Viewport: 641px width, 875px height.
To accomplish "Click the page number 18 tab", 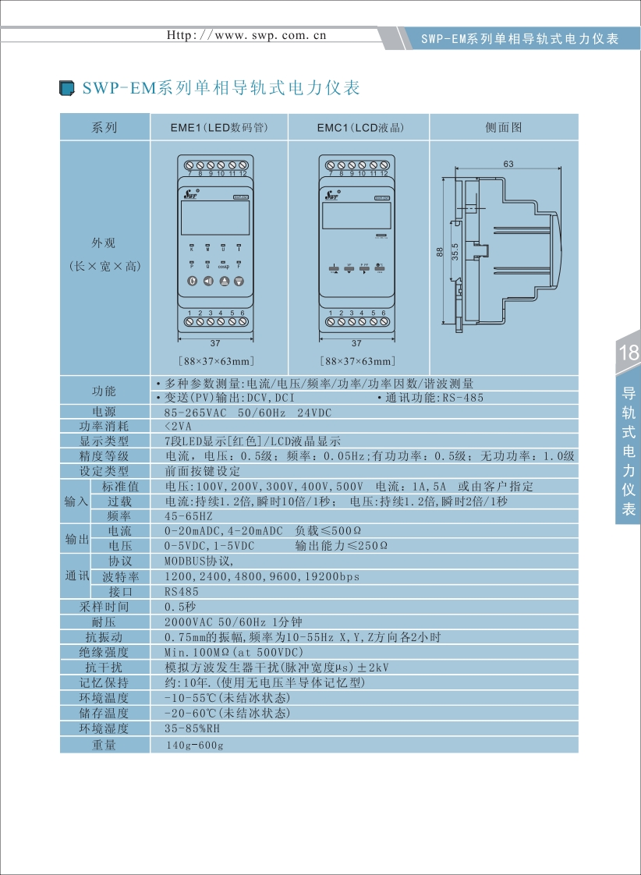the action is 629,352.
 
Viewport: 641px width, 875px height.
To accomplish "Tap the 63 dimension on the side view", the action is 508,165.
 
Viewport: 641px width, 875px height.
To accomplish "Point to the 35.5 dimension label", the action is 455,255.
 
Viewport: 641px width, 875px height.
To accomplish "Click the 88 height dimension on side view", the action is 440,251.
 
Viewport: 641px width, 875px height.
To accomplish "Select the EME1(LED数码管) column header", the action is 219,127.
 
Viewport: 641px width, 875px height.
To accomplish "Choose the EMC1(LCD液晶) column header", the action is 359,127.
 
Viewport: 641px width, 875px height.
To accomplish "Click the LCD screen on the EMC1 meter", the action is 356,213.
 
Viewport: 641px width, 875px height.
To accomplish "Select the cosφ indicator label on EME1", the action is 223,267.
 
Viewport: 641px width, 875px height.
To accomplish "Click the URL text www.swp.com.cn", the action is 247,35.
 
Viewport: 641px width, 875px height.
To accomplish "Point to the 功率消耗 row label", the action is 104,426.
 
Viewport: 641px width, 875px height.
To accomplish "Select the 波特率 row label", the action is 121,577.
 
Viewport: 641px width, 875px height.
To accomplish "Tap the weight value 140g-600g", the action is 195,746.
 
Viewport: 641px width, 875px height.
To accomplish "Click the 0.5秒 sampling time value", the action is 180,607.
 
